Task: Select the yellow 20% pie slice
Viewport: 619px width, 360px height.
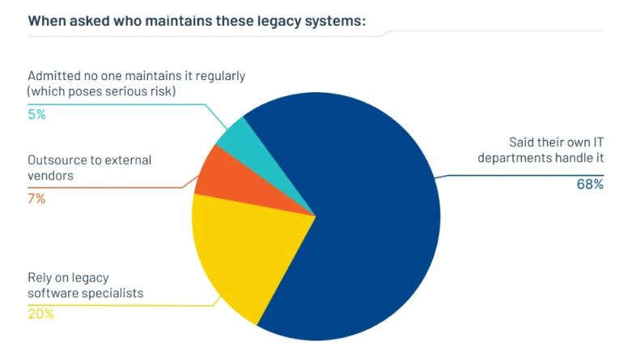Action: tap(243, 251)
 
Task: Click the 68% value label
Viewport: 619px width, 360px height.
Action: tap(591, 184)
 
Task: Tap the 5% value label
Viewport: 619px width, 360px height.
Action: tap(36, 114)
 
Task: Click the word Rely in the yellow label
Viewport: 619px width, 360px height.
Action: tap(40, 278)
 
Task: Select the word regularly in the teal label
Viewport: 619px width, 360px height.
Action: tap(218, 76)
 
